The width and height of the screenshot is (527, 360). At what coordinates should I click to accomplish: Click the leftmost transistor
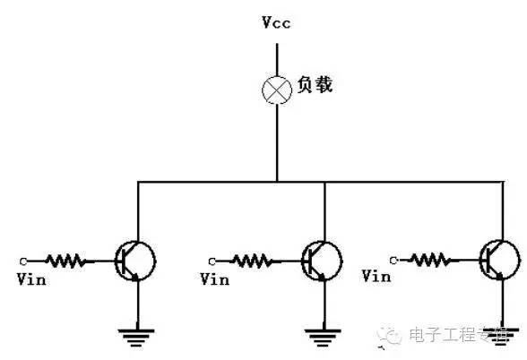[x=135, y=261]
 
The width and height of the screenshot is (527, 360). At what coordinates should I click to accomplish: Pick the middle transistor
[x=322, y=260]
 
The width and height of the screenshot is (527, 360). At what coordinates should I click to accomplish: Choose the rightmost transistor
[x=498, y=259]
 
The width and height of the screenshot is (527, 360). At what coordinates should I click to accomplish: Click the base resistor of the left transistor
[x=65, y=261]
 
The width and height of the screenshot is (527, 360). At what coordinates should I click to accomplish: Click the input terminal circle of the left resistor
[x=22, y=261]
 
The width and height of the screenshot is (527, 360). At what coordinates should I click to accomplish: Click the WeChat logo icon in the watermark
[x=391, y=335]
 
